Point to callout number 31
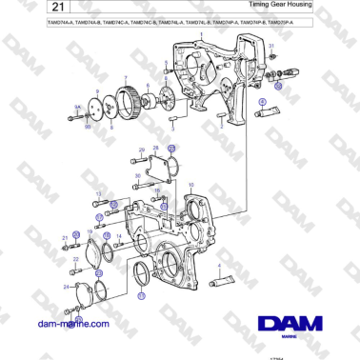coord(270,47)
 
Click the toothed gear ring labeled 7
coord(127,101)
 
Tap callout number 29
coord(141,150)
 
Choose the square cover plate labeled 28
coord(160,171)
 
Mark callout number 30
coord(138,176)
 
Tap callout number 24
coord(67,286)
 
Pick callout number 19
coord(90,231)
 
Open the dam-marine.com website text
coord(73,324)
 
